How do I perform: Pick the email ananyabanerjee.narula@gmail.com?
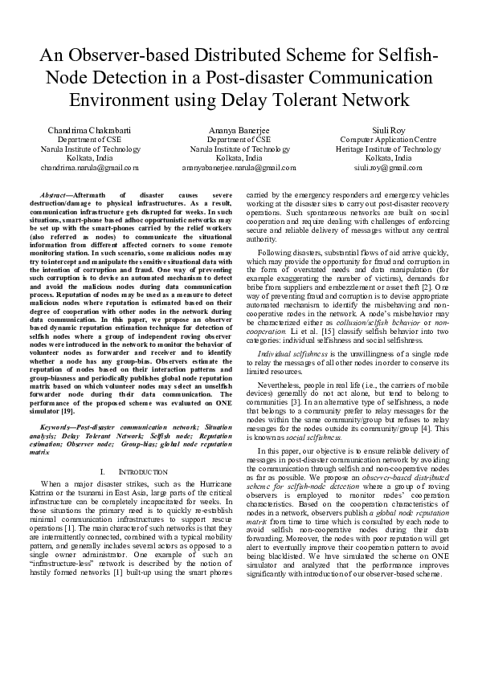[239, 168]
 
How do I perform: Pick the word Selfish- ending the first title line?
[407, 59]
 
